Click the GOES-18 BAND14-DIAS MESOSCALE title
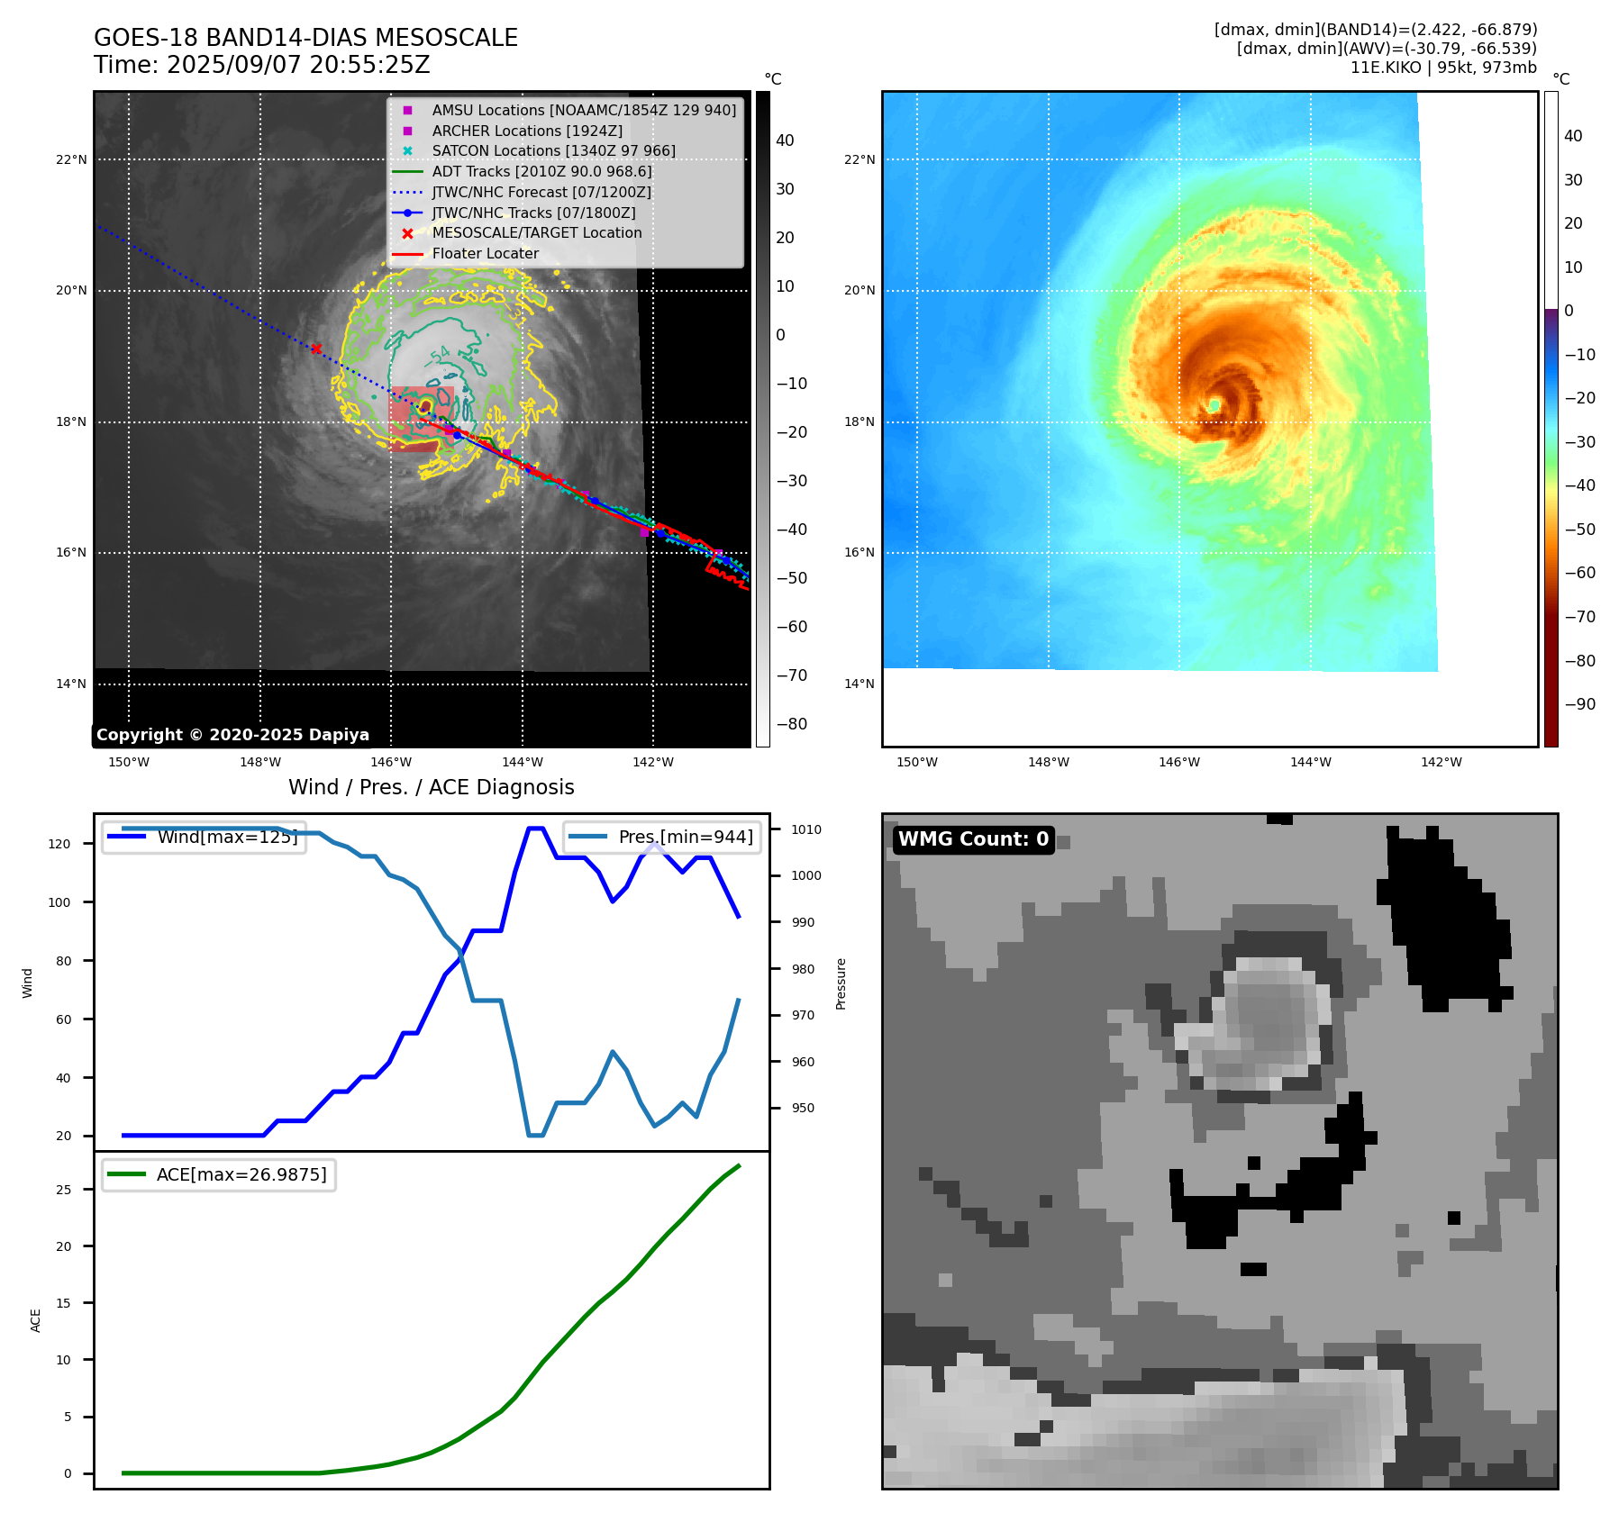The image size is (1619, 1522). pos(305,38)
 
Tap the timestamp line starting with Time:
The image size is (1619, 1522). pos(262,65)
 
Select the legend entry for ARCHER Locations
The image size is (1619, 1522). pos(513,131)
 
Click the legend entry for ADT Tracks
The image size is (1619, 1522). pos(523,171)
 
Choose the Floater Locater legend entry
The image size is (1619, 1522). pos(466,254)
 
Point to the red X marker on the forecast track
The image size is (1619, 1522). pos(316,349)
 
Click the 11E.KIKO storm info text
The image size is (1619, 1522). pos(1443,68)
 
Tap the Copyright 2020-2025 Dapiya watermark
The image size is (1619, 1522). pos(232,735)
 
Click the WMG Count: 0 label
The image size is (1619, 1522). pos(973,839)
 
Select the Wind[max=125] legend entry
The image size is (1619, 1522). pos(204,837)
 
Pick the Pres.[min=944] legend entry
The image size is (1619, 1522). pos(661,837)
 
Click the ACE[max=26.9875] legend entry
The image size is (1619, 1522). pos(218,1174)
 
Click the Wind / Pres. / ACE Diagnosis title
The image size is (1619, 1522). pos(432,787)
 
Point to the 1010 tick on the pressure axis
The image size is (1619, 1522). pos(806,829)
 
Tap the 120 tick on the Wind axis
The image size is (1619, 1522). pos(59,844)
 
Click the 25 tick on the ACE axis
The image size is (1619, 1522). pos(63,1190)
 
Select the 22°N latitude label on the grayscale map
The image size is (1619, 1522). pos(72,159)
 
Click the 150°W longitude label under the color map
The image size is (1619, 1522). pos(917,762)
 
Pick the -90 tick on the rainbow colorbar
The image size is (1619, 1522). pos(1580,704)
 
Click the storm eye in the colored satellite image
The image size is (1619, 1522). pos(1214,405)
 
